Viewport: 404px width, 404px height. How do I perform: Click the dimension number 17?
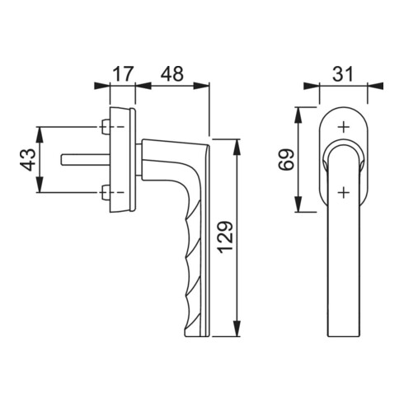pyautogui.click(x=123, y=73)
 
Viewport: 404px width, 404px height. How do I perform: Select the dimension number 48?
pyautogui.click(x=172, y=73)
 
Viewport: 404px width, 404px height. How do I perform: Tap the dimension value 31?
pyautogui.click(x=342, y=73)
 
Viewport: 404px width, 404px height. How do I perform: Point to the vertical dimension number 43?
pyautogui.click(x=28, y=160)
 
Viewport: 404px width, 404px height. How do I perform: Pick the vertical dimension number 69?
pyautogui.click(x=286, y=160)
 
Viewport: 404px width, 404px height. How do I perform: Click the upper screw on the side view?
pyautogui.click(x=106, y=127)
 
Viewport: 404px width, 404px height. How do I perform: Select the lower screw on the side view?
pyautogui.click(x=106, y=192)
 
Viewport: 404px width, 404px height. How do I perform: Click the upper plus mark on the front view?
pyautogui.click(x=343, y=127)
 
